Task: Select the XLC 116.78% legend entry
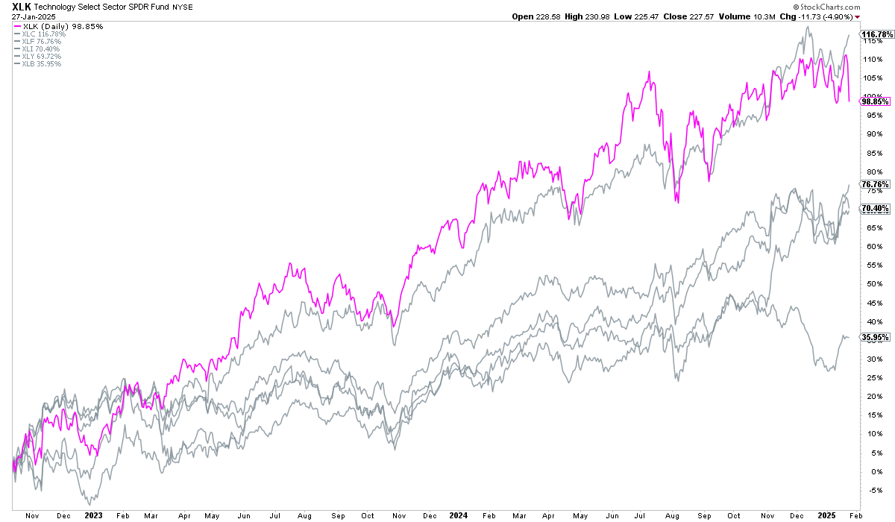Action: click(x=38, y=34)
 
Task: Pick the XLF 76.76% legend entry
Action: click(x=37, y=42)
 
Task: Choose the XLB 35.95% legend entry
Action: click(x=37, y=64)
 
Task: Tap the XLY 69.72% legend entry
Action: click(x=37, y=57)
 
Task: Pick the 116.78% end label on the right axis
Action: click(x=876, y=34)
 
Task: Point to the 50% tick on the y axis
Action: click(x=869, y=283)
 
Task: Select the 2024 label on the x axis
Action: click(x=458, y=515)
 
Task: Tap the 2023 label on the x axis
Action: click(x=93, y=515)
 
